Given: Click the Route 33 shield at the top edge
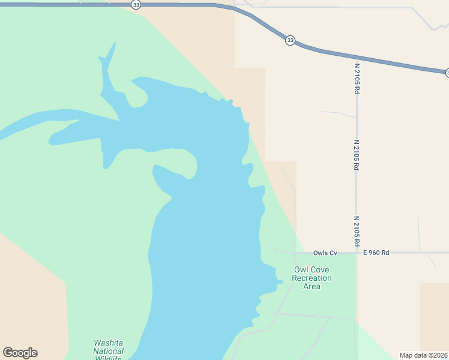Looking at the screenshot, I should point(136,4).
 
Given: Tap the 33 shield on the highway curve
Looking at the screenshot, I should point(291,40).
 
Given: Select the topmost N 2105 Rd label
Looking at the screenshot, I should point(357,79).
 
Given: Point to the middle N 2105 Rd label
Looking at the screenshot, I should point(357,155).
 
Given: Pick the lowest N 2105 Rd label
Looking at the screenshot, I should point(357,232).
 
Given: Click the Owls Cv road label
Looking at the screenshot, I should point(325,253).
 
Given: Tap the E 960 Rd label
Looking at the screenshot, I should point(376,253).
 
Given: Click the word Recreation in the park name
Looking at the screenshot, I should point(312,278).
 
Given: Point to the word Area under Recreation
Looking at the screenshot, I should point(312,287).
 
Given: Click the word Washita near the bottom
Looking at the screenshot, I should point(108,343).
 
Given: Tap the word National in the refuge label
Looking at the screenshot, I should point(109,351).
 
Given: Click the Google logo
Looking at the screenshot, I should point(20,353).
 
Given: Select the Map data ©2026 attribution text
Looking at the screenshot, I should point(424,355).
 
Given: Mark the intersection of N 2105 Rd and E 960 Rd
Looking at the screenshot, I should point(357,253).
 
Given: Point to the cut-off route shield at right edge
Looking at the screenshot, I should point(447,73).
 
